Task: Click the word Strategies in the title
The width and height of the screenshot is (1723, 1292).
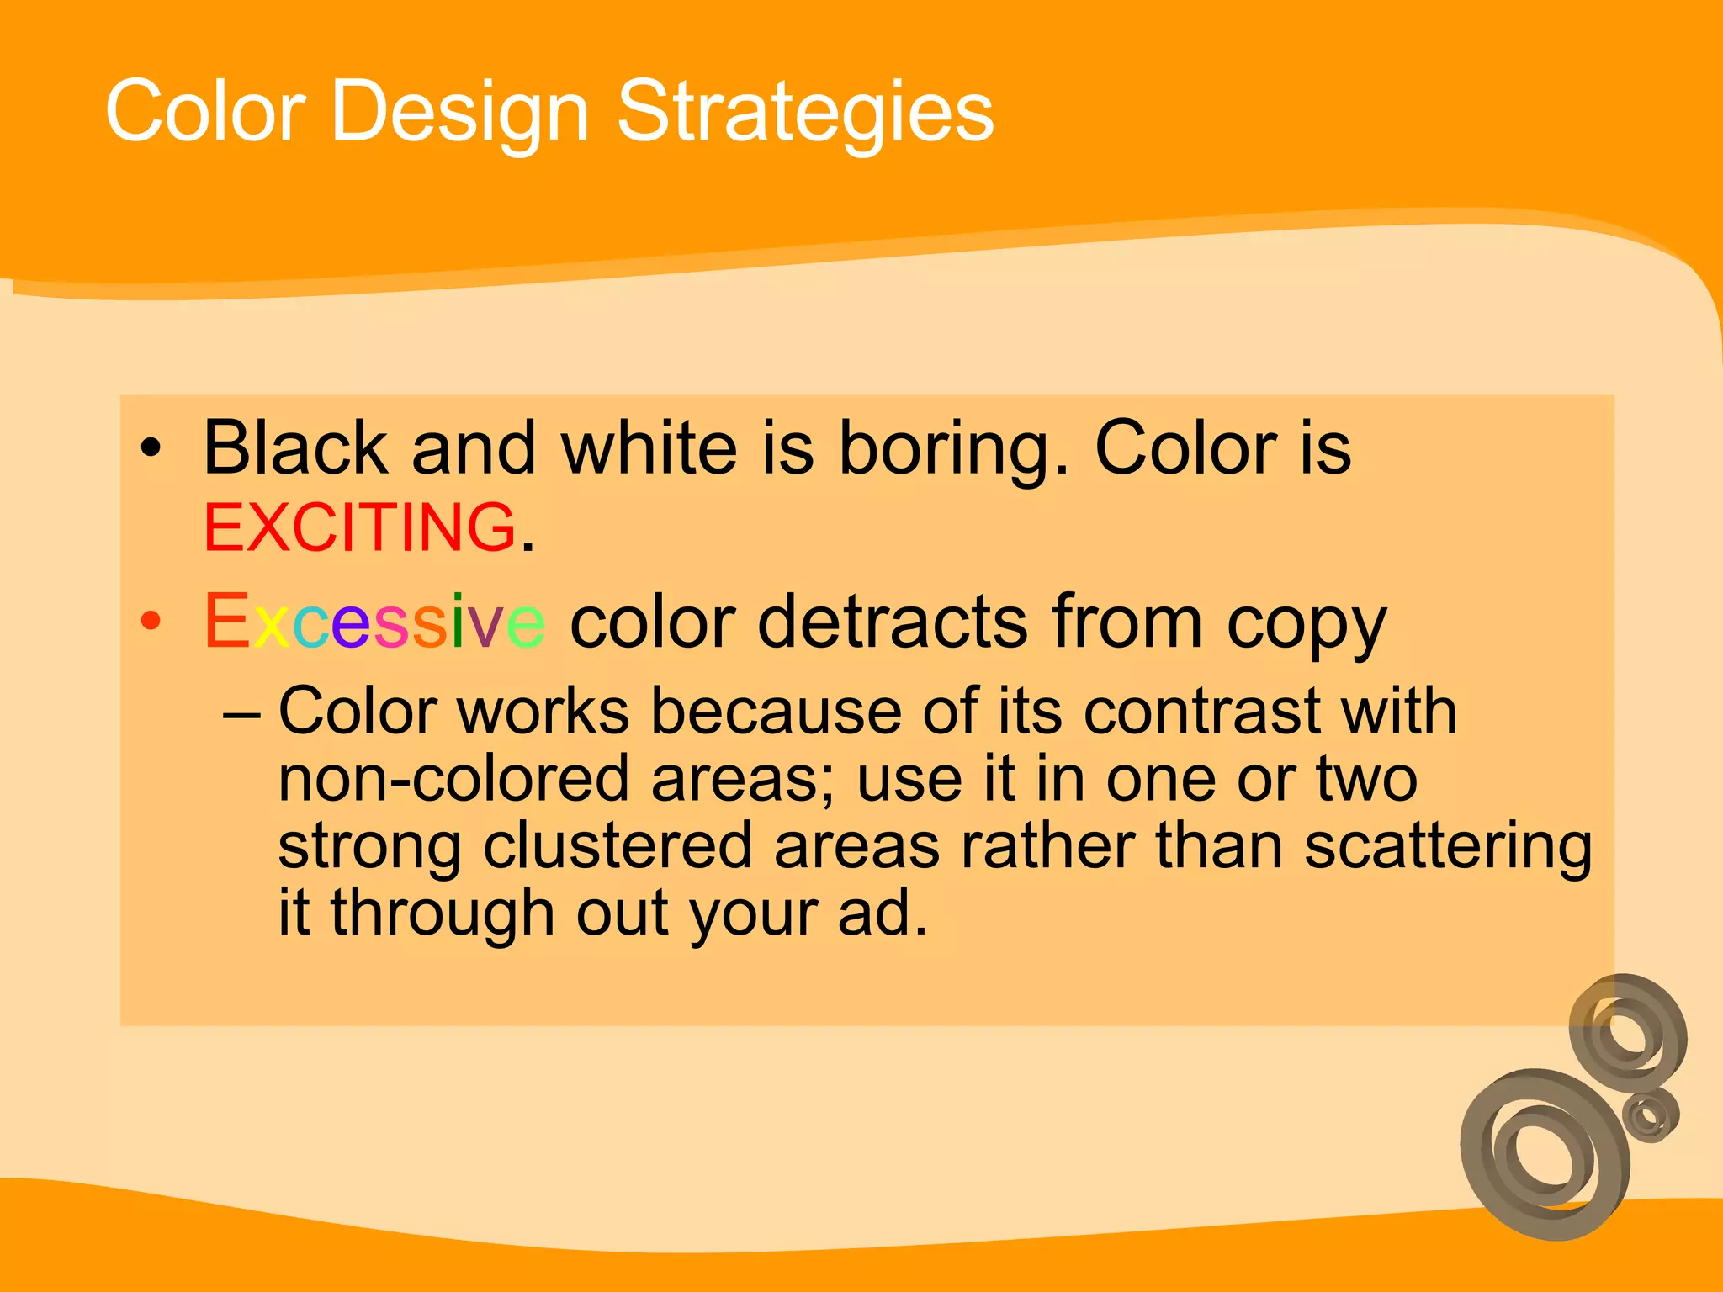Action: click(x=805, y=112)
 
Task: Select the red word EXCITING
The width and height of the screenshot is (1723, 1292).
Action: click(x=360, y=528)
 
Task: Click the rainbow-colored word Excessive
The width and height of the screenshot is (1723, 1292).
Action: click(x=374, y=622)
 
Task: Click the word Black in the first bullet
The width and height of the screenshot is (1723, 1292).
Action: click(x=295, y=448)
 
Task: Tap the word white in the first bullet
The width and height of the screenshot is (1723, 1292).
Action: click(x=649, y=448)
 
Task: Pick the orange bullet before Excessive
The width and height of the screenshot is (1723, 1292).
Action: click(x=151, y=622)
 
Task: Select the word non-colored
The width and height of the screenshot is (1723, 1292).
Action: click(x=453, y=779)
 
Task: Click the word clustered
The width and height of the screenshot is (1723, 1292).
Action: click(x=617, y=845)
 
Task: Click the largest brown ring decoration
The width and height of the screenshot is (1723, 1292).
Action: click(x=1544, y=1154)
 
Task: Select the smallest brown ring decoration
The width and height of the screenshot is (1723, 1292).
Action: click(x=1650, y=1115)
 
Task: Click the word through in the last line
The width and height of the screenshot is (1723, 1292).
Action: click(x=442, y=914)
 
